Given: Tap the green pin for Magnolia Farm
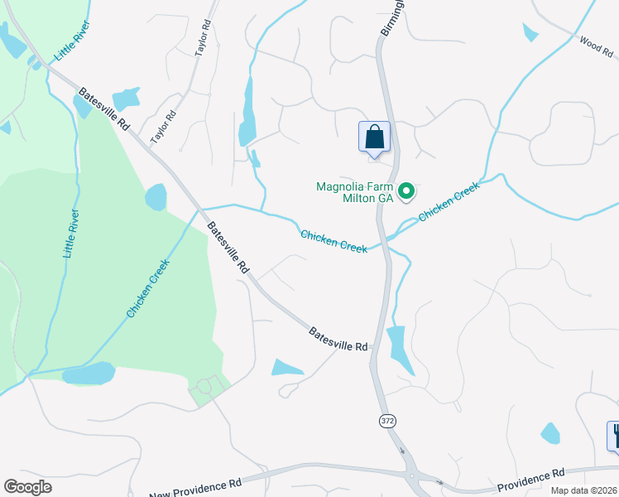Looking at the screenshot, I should [x=406, y=192].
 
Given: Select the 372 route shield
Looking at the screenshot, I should [x=387, y=421].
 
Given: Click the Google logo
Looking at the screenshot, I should [x=27, y=487].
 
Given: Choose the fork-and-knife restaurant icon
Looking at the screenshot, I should [x=615, y=435].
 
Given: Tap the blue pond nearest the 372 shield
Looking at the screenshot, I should [x=396, y=348].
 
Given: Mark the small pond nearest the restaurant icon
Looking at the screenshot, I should [x=550, y=433].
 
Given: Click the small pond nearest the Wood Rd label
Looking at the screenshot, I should [x=530, y=32].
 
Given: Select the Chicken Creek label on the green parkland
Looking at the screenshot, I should [x=148, y=288].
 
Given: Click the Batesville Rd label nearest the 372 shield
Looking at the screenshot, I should [x=338, y=338].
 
